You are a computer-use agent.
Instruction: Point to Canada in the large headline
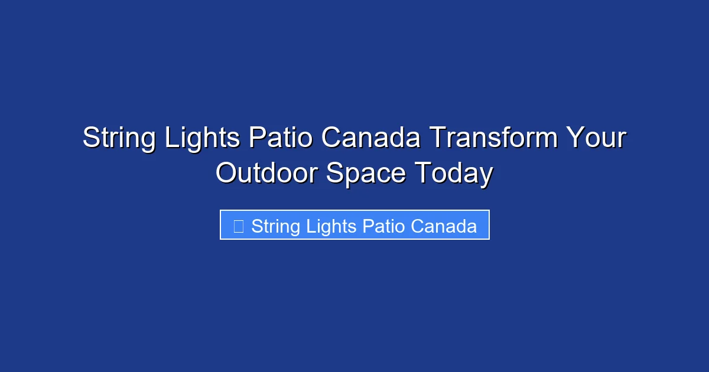(371, 138)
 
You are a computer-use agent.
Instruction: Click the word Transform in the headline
(493, 138)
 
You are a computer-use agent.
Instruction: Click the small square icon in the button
(239, 226)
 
